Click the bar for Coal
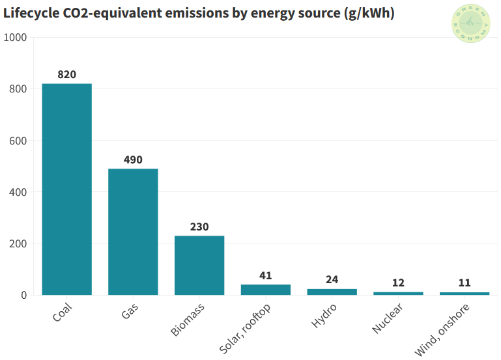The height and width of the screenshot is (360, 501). pos(66,189)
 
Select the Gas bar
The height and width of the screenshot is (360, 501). pos(133,232)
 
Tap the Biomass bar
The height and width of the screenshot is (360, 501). pos(199,265)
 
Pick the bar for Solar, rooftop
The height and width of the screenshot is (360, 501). pos(265,290)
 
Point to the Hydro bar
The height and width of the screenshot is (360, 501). pos(332,292)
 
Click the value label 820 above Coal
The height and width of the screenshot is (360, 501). pos(66,74)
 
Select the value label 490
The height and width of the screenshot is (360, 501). pos(133,159)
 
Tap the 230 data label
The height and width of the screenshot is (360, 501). pos(199,227)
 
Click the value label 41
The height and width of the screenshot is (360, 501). pos(265,275)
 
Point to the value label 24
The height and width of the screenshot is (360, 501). pos(332,280)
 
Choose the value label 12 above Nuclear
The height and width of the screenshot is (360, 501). pos(398,283)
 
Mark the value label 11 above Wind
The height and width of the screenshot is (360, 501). pos(465,283)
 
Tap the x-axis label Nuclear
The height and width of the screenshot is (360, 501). pos(388,318)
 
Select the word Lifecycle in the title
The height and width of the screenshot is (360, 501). pos(33,13)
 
